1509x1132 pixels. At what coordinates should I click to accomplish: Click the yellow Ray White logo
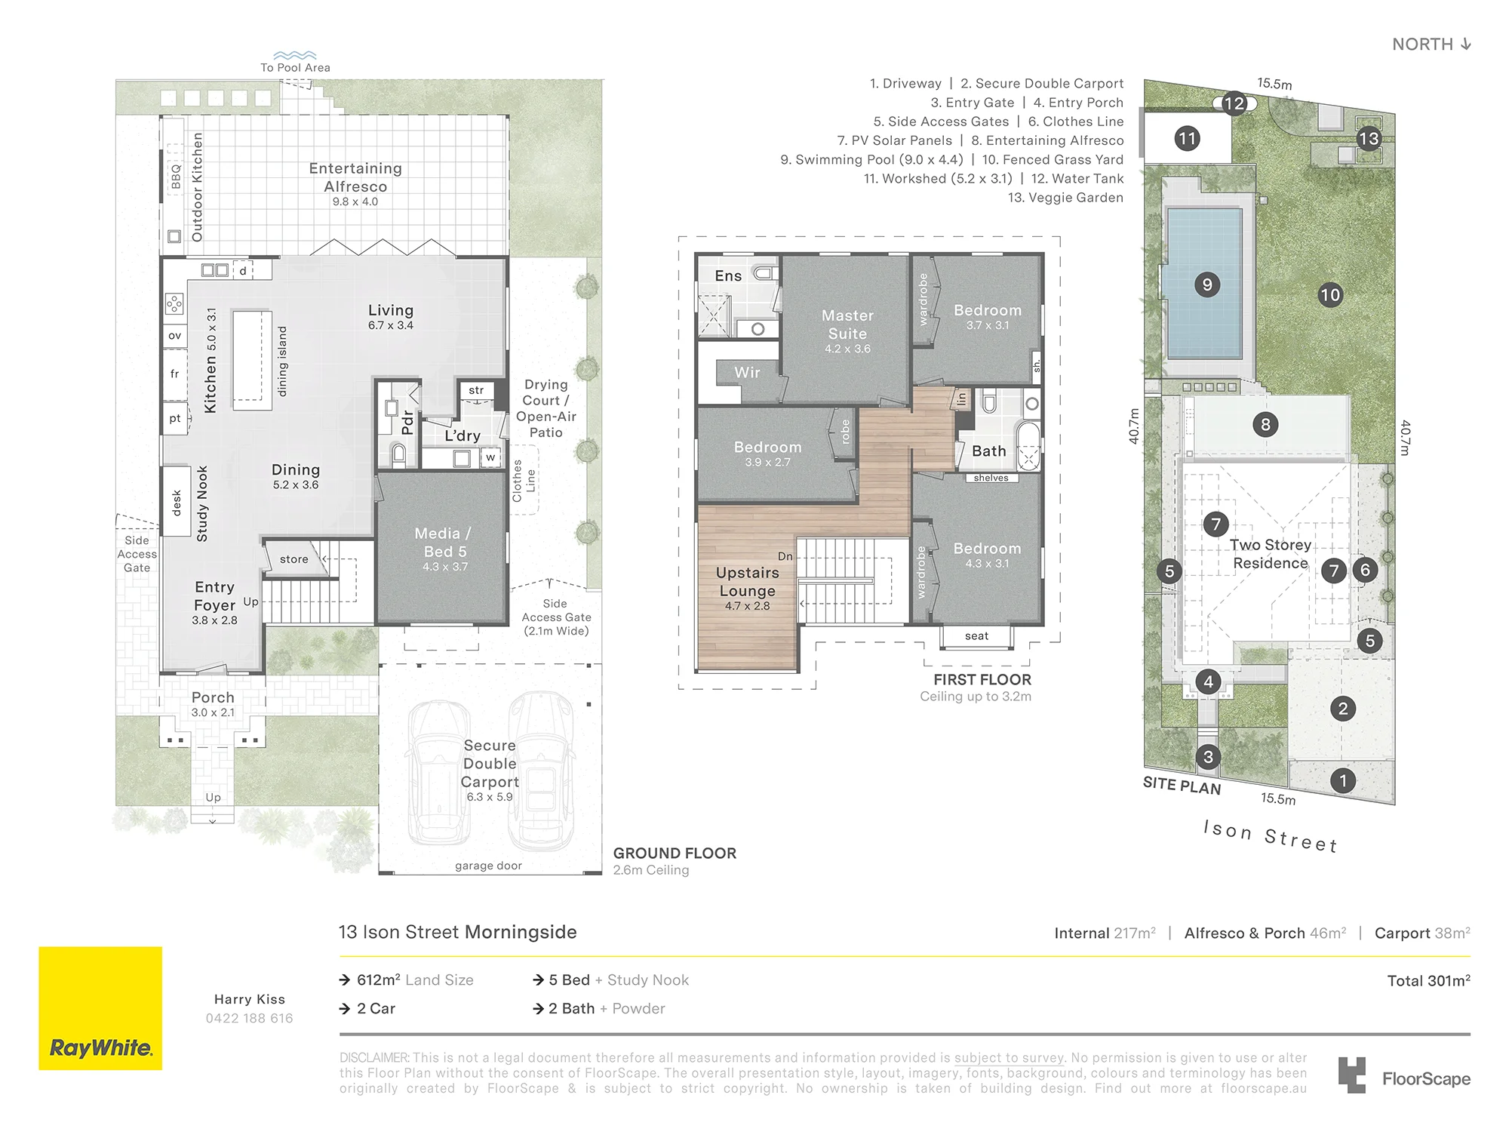(100, 1008)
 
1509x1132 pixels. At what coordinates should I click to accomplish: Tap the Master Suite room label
(847, 325)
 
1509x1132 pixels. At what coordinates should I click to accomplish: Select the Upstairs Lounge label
(747, 582)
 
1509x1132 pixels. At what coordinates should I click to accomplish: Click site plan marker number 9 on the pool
(1207, 285)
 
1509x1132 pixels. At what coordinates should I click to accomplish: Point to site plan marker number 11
(1187, 138)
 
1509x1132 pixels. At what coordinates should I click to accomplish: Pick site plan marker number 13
(1369, 138)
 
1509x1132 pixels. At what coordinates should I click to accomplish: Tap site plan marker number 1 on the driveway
(1342, 780)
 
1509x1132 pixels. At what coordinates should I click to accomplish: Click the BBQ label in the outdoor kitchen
(176, 177)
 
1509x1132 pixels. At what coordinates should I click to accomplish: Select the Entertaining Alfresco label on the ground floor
(355, 177)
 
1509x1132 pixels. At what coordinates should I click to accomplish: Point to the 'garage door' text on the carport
(488, 866)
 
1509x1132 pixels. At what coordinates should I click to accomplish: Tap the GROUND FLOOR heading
(675, 853)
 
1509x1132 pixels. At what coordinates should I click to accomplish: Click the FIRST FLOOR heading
(982, 679)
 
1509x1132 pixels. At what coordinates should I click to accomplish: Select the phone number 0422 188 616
(249, 1018)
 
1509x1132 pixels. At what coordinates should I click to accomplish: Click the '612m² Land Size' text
(415, 980)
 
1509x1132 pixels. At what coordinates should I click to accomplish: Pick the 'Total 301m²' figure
(1428, 980)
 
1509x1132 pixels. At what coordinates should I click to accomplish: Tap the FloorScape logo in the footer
(1404, 1075)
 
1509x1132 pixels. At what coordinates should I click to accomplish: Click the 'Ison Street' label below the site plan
(1271, 836)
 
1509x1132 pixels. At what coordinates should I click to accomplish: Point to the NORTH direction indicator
(1431, 44)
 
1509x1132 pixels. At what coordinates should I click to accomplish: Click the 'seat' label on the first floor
(976, 636)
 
